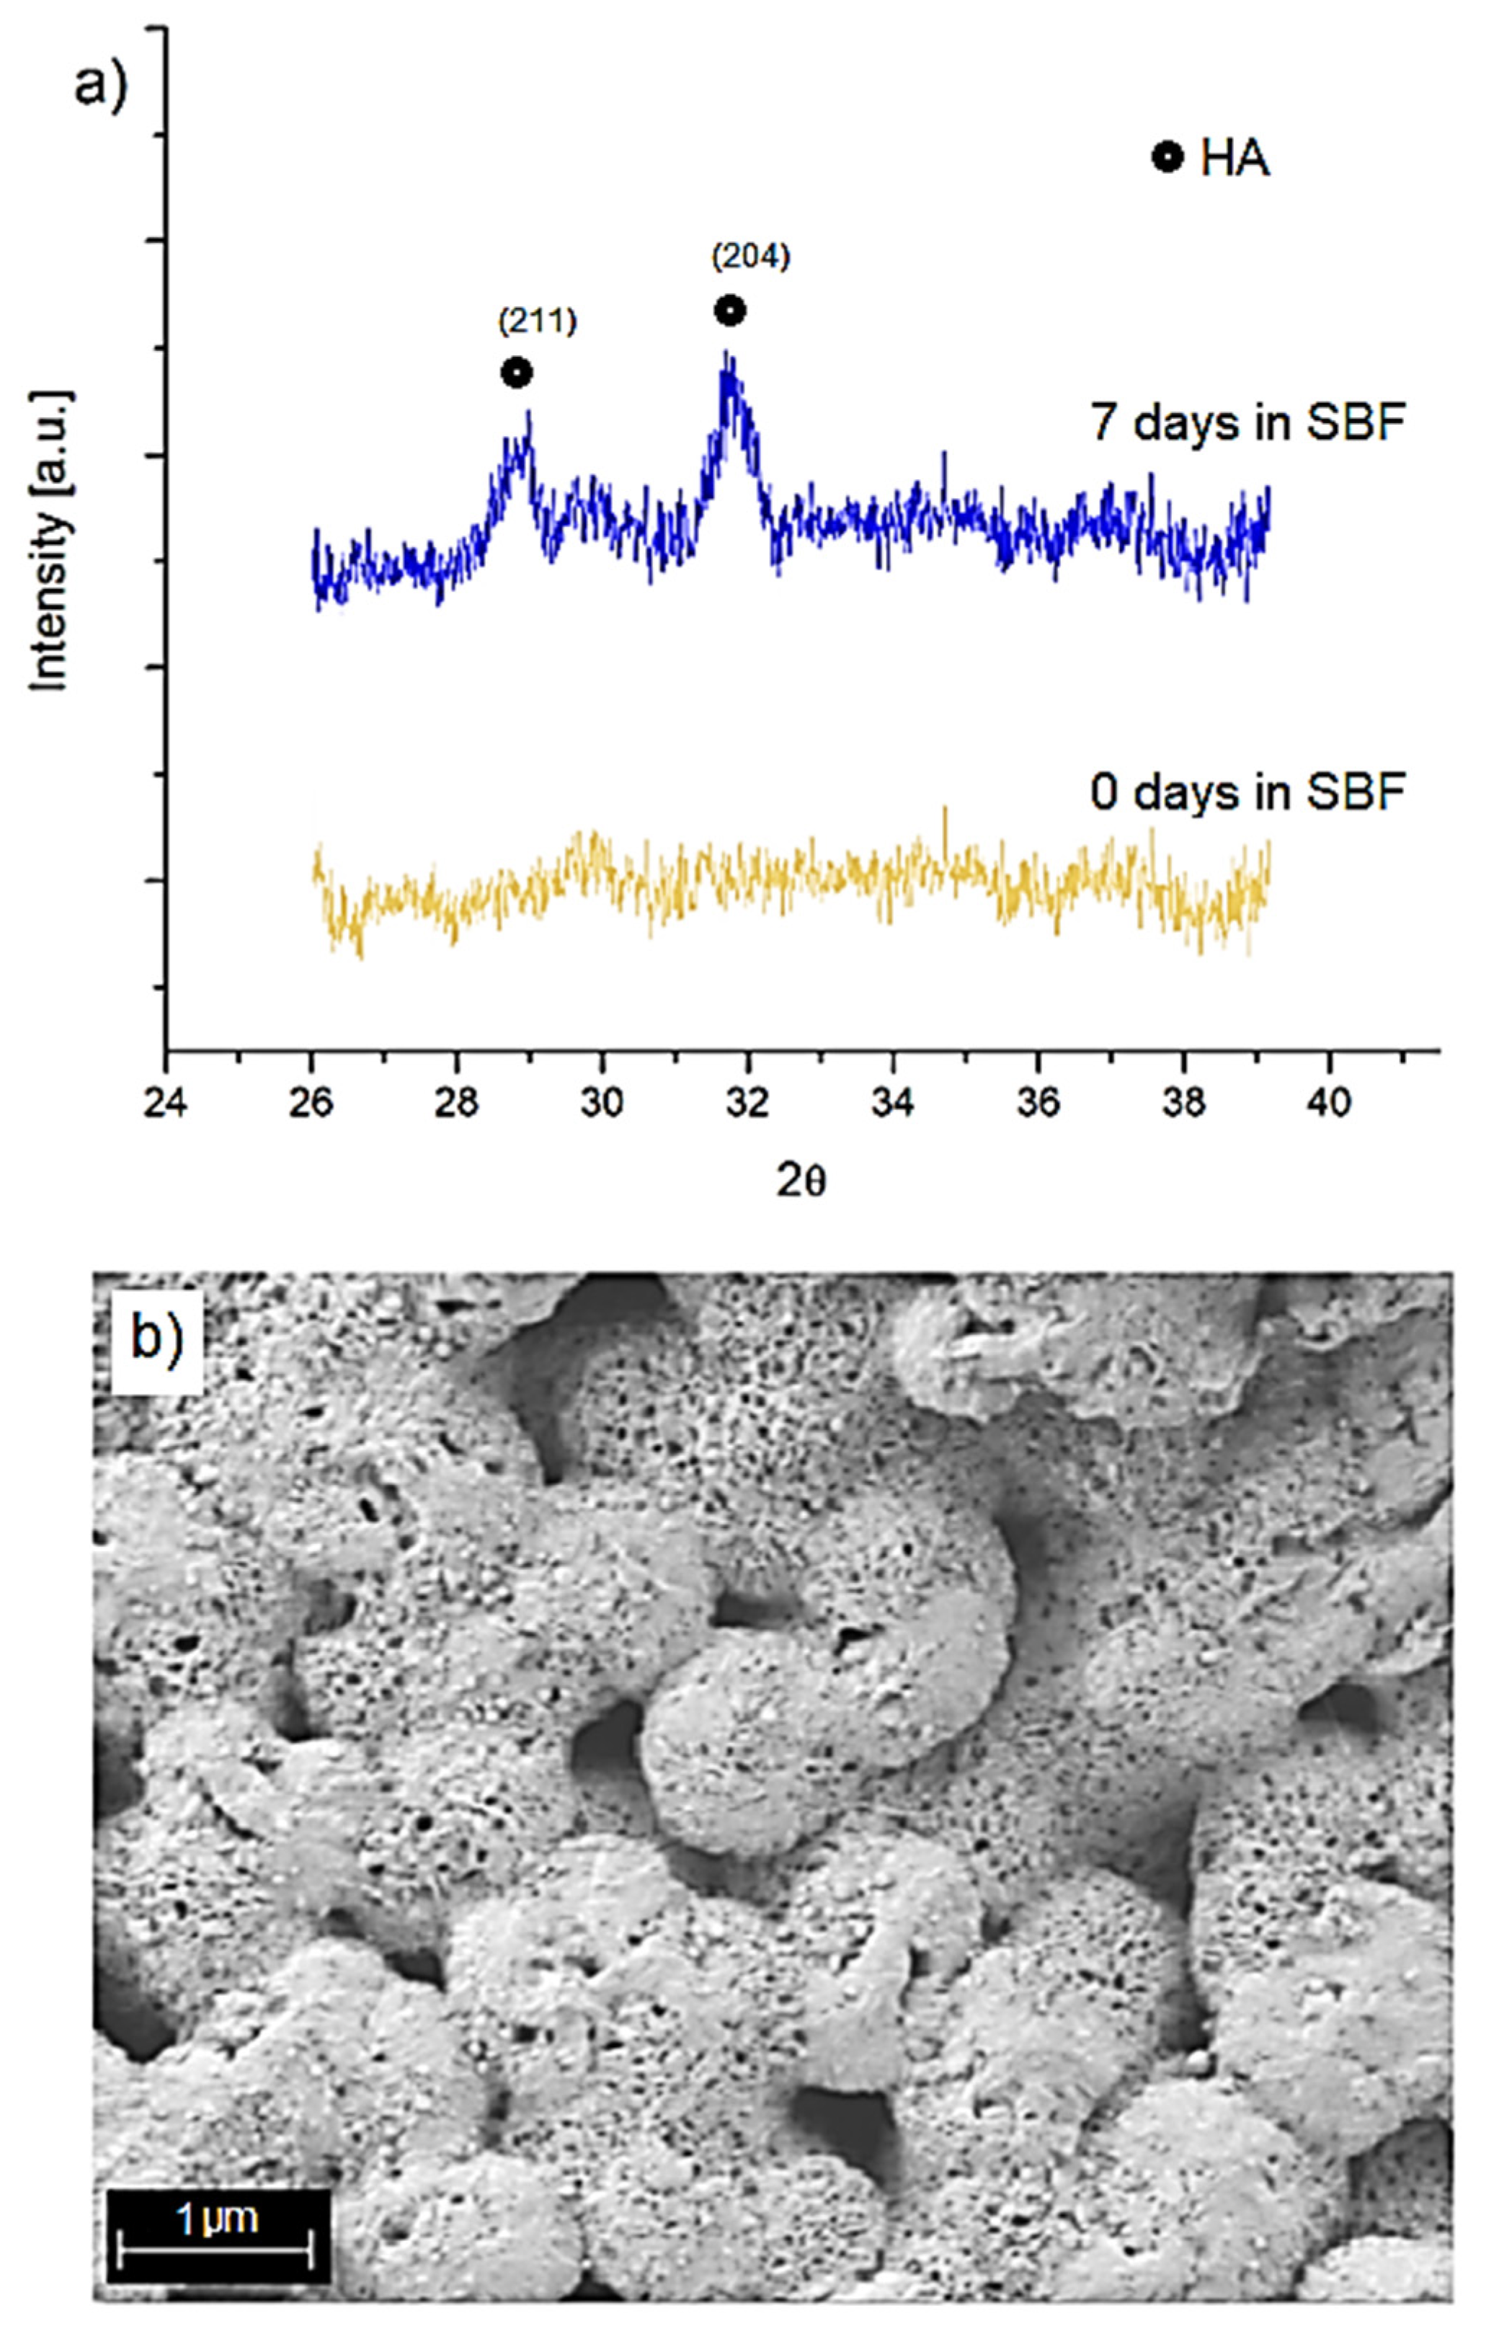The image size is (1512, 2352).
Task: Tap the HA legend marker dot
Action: click(1166, 157)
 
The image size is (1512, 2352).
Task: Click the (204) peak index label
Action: click(750, 257)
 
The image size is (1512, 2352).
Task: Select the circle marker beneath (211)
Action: click(517, 373)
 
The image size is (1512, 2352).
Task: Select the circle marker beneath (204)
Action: click(729, 311)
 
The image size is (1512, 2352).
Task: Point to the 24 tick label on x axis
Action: click(165, 1104)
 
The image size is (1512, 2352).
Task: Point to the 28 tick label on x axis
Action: click(456, 1104)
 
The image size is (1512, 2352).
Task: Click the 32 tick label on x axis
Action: click(747, 1104)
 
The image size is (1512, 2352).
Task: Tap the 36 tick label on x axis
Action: click(1038, 1104)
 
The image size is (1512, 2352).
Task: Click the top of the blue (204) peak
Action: click(726, 355)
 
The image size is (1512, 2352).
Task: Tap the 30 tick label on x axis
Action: click(602, 1104)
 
